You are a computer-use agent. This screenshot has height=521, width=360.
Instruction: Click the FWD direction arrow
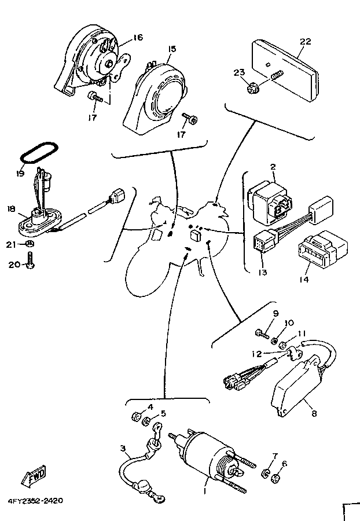pyautogui.click(x=34, y=476)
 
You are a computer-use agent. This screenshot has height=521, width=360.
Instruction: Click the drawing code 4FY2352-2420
pyautogui.click(x=35, y=500)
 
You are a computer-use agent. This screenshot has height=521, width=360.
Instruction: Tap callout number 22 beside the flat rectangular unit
pyautogui.click(x=306, y=42)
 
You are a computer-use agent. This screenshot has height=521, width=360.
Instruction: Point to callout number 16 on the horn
pyautogui.click(x=138, y=37)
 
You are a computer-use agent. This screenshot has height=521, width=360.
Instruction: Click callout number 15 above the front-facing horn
pyautogui.click(x=172, y=49)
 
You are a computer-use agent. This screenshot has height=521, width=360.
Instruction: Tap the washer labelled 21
pyautogui.click(x=30, y=244)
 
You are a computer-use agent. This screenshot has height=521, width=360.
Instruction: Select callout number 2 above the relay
pyautogui.click(x=273, y=167)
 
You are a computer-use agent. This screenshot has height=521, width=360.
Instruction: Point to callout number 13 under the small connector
pyautogui.click(x=262, y=273)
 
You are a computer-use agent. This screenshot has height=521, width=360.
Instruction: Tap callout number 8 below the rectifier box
pyautogui.click(x=314, y=413)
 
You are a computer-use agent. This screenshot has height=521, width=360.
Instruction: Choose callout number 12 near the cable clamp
pyautogui.click(x=257, y=354)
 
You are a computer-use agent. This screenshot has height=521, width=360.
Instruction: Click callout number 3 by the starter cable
pyautogui.click(x=123, y=449)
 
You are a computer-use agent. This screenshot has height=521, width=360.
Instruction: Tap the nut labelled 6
pyautogui.click(x=275, y=479)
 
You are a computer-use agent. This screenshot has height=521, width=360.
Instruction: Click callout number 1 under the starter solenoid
pyautogui.click(x=205, y=490)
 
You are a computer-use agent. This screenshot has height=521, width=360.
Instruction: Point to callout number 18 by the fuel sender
pyautogui.click(x=11, y=208)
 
